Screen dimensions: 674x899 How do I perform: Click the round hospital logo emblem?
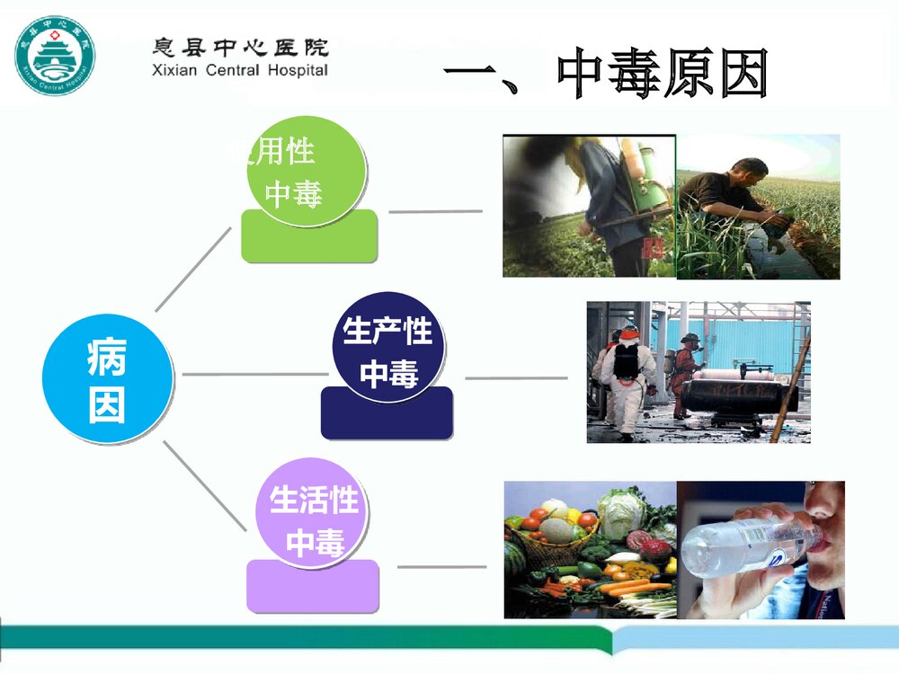54,56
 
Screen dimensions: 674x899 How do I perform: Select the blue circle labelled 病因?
108,378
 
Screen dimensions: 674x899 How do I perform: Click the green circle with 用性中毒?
307,171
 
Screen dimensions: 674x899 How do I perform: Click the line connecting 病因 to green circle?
192,269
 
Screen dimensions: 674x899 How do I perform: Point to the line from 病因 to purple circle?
204,485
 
